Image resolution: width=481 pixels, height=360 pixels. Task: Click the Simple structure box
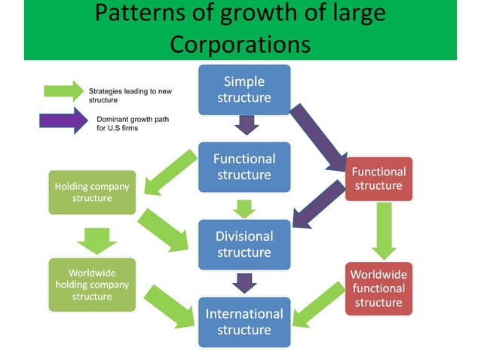(244, 90)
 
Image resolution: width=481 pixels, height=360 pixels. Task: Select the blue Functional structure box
(244, 166)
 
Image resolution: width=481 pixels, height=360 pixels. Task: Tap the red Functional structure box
(378, 178)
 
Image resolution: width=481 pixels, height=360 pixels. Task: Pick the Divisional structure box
(244, 244)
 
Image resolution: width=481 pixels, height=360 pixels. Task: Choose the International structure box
(244, 322)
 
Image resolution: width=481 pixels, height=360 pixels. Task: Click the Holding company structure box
(92, 192)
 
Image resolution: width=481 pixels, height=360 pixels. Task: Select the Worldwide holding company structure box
(92, 285)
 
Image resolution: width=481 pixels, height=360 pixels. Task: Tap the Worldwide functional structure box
(378, 288)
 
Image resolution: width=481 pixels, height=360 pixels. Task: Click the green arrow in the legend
(63, 91)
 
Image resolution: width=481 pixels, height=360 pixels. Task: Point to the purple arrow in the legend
(63, 121)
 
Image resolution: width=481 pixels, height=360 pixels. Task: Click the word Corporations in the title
(240, 44)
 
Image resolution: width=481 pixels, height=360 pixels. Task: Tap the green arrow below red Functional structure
(384, 230)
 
